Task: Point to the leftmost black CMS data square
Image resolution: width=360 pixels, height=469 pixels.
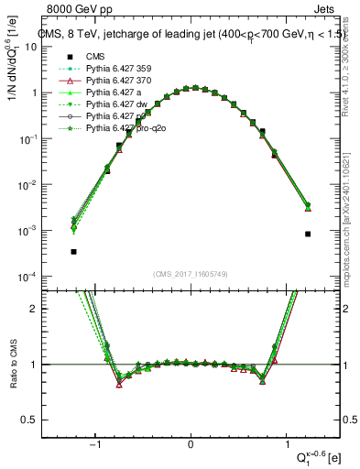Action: [73, 251]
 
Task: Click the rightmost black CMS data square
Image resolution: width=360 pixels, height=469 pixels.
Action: [308, 234]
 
